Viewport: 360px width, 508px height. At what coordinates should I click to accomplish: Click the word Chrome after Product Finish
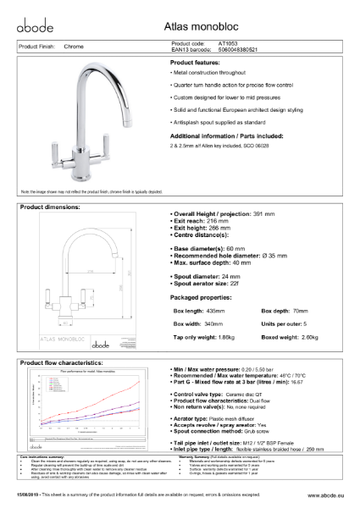click(74, 47)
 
